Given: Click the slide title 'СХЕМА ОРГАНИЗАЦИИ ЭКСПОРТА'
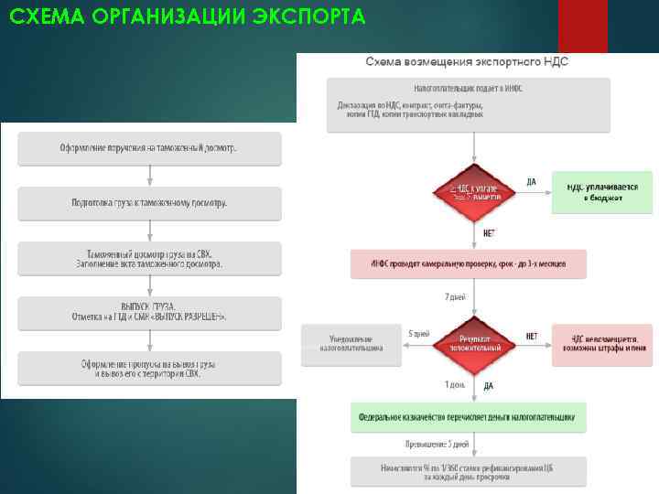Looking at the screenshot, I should pos(183,17).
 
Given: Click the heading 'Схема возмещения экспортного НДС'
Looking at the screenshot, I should pos(468,61).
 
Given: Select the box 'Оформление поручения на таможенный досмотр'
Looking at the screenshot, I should pos(149,148).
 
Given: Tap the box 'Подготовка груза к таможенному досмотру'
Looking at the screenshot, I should pos(149,202).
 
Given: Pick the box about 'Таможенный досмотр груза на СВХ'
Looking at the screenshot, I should pos(149,257).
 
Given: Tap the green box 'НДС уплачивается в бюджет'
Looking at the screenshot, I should pos(601,190).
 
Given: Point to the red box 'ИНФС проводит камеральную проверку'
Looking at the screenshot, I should pos(468,263).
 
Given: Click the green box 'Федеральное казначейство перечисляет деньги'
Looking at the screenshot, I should pos(468,417).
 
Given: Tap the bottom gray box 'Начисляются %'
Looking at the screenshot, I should pos(468,471).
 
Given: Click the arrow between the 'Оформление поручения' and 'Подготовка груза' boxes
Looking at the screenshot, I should pos(149,176).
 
